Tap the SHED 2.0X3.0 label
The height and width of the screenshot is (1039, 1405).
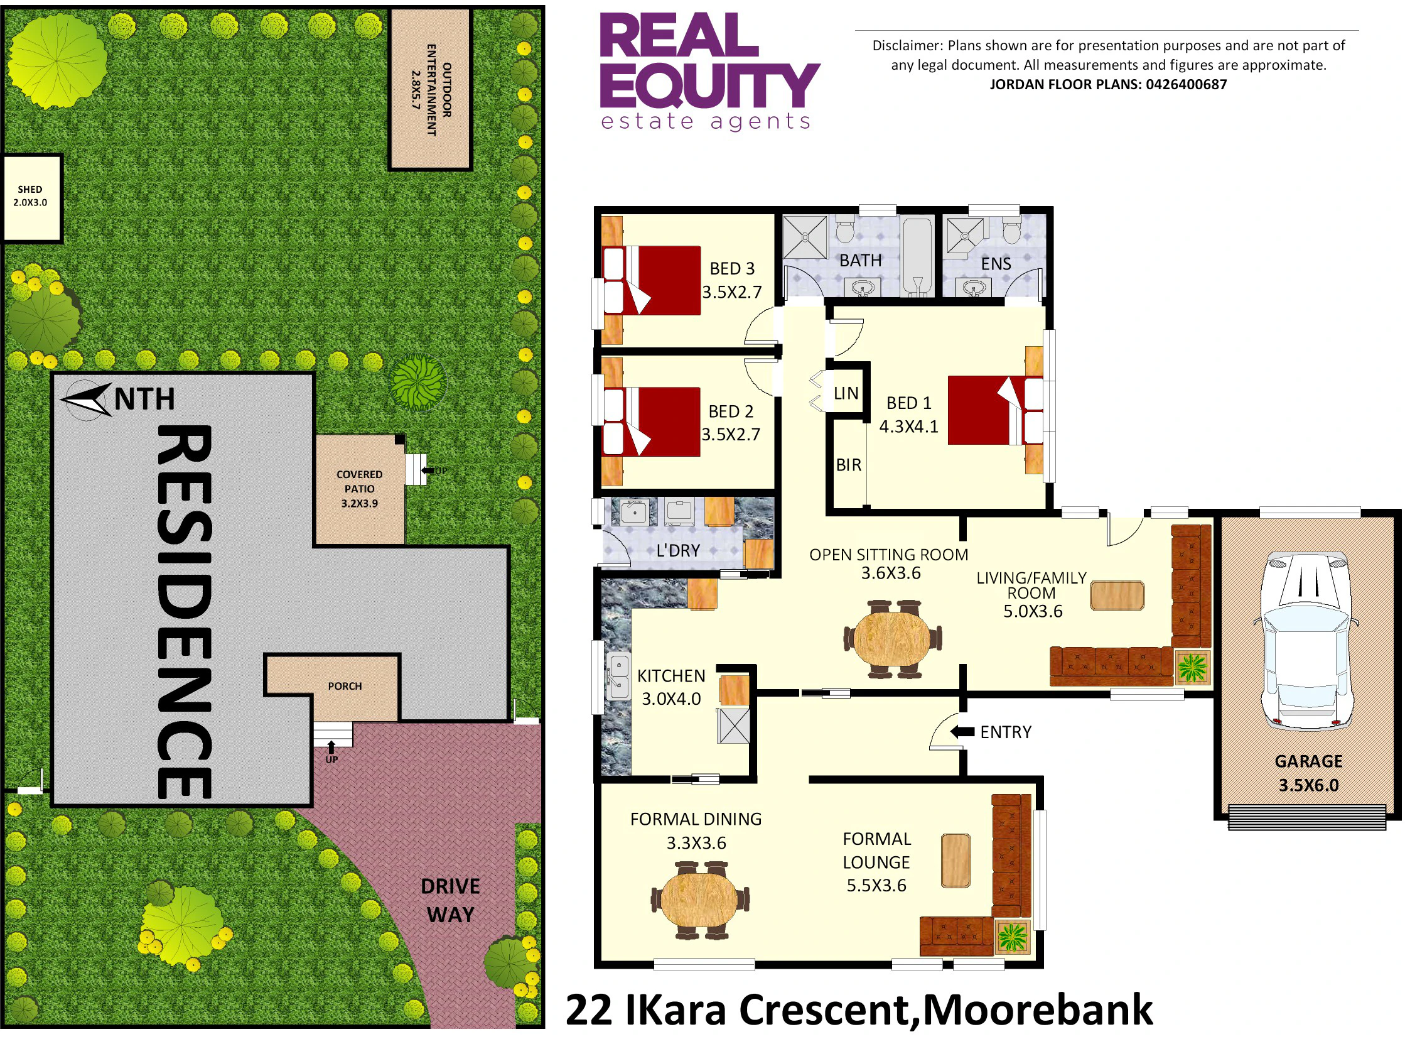click(x=30, y=195)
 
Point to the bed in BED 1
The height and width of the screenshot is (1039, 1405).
click(x=995, y=410)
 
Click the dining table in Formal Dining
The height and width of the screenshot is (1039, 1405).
click(x=699, y=900)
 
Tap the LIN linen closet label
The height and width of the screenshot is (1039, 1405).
click(x=846, y=393)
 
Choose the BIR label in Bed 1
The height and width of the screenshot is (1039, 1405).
click(x=848, y=465)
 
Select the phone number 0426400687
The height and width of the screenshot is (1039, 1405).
click(x=1186, y=84)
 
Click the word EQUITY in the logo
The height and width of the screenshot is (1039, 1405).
click(x=710, y=85)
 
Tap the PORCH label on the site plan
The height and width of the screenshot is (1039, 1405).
click(x=345, y=685)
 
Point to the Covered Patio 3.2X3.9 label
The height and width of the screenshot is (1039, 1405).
click(x=359, y=489)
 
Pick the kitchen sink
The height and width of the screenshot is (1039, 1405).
click(x=618, y=677)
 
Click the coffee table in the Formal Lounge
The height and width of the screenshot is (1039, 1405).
click(x=956, y=861)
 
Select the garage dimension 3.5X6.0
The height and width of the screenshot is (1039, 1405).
click(x=1308, y=785)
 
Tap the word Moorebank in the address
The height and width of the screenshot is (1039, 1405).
click(x=1037, y=1010)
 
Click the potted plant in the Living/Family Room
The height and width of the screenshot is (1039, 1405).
click(x=1192, y=666)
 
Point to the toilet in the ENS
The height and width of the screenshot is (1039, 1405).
click(x=1011, y=231)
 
